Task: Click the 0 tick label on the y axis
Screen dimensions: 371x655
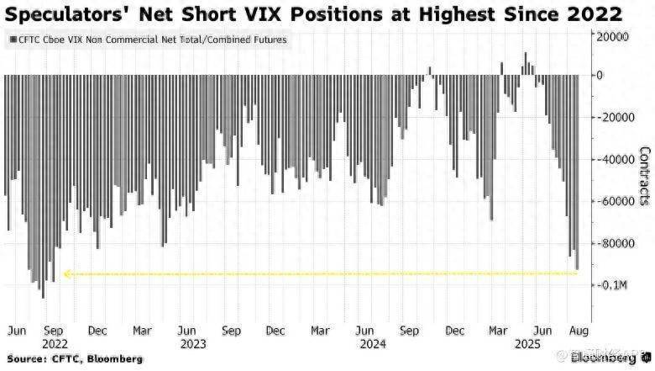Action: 599,75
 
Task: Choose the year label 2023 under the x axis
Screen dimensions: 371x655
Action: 192,344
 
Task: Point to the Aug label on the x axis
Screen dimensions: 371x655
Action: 580,330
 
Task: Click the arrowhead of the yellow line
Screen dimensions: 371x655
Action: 67,273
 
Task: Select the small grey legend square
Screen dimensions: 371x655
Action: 12,40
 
